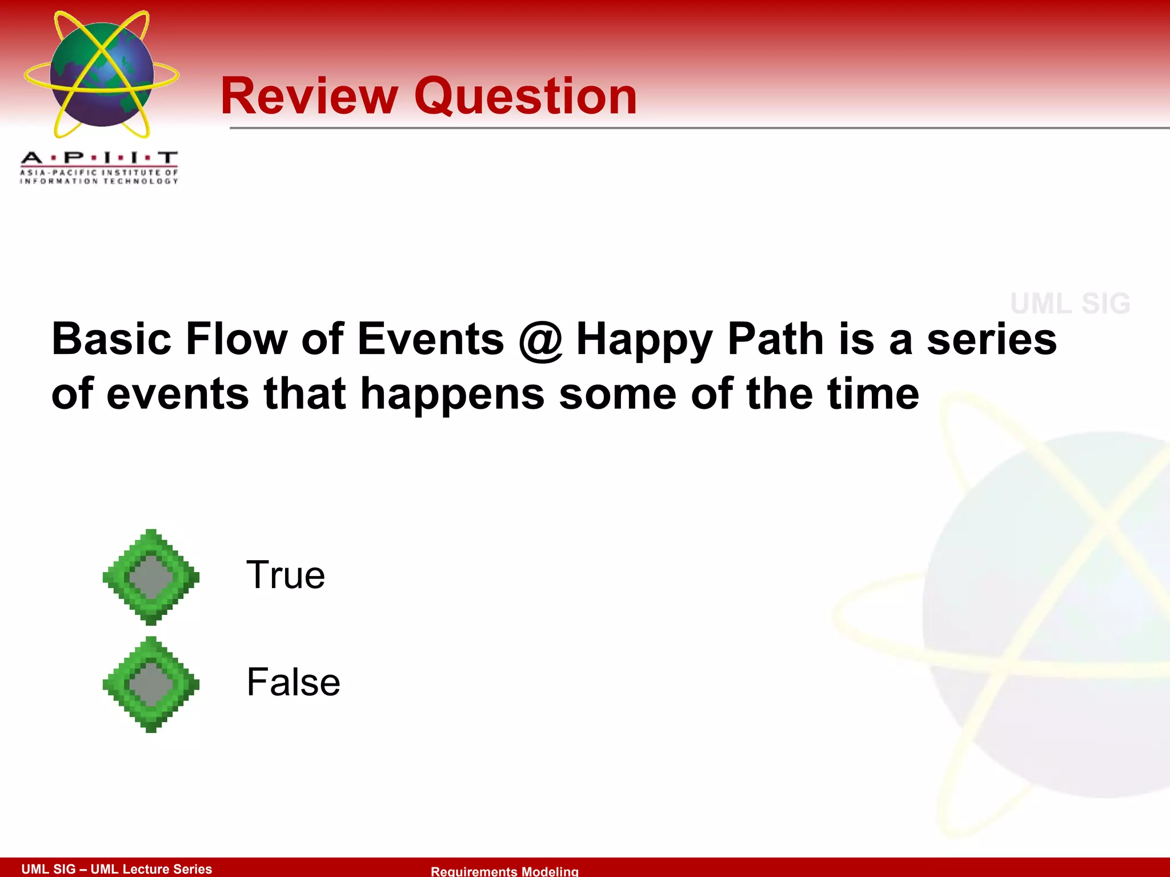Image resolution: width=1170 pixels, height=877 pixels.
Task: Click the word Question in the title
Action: [x=525, y=97]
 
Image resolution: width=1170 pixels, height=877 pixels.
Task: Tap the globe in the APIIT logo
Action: [x=102, y=74]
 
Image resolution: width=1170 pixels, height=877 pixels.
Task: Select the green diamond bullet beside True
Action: [x=151, y=577]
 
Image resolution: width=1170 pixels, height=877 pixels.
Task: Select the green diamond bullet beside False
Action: [x=151, y=684]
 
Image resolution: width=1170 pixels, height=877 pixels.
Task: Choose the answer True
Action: [x=286, y=575]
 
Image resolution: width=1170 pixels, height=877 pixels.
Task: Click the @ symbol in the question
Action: [x=540, y=340]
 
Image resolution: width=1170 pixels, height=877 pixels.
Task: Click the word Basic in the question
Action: [x=111, y=339]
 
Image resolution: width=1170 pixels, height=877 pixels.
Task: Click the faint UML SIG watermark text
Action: [x=1070, y=303]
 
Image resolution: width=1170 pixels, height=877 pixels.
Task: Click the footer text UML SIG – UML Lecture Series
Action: [x=117, y=869]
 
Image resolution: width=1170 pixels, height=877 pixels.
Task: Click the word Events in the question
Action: [x=431, y=339]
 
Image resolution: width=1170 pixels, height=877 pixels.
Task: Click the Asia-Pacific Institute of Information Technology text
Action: [x=99, y=177]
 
